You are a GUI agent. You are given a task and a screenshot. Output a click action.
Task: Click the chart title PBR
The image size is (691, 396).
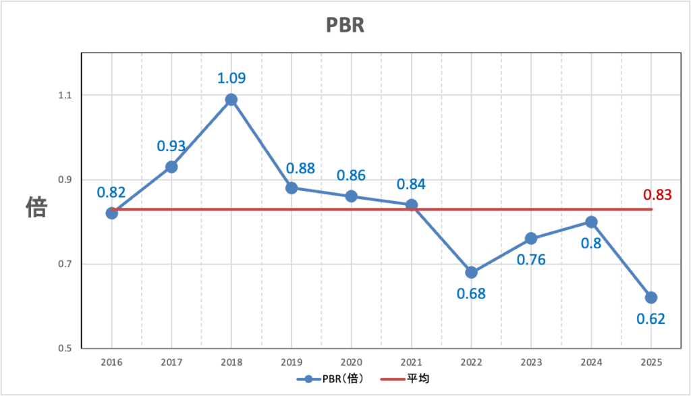[345, 25]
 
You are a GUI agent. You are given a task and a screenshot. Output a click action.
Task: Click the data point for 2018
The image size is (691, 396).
[231, 100]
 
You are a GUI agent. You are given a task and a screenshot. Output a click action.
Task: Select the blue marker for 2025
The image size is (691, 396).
[651, 298]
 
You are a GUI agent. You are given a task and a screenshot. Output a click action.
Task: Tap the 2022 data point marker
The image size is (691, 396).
[471, 273]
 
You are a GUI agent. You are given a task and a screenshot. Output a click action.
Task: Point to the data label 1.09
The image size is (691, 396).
[231, 78]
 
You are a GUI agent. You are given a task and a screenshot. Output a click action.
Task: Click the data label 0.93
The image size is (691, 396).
[171, 145]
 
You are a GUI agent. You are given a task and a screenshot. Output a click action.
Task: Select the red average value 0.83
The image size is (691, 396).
[657, 195]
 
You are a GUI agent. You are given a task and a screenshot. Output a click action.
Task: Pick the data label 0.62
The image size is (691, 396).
[651, 319]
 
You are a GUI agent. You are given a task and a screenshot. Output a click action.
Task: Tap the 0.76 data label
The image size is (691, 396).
[531, 259]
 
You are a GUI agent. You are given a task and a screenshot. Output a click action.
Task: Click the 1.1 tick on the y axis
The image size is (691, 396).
[65, 95]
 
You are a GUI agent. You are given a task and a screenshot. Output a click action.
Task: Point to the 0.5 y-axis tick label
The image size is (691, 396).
[65, 349]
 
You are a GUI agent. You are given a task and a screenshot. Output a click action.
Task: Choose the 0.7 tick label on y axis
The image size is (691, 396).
[65, 264]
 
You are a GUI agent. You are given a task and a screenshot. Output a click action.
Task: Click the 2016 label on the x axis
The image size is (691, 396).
[111, 363]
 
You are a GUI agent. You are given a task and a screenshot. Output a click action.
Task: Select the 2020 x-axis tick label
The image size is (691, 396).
[351, 363]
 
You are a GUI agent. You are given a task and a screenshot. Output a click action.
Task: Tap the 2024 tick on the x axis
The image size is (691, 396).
[591, 363]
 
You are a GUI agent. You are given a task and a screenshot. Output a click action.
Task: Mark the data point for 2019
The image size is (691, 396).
[292, 188]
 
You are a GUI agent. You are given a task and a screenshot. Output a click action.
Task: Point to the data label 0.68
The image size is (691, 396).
[471, 294]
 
